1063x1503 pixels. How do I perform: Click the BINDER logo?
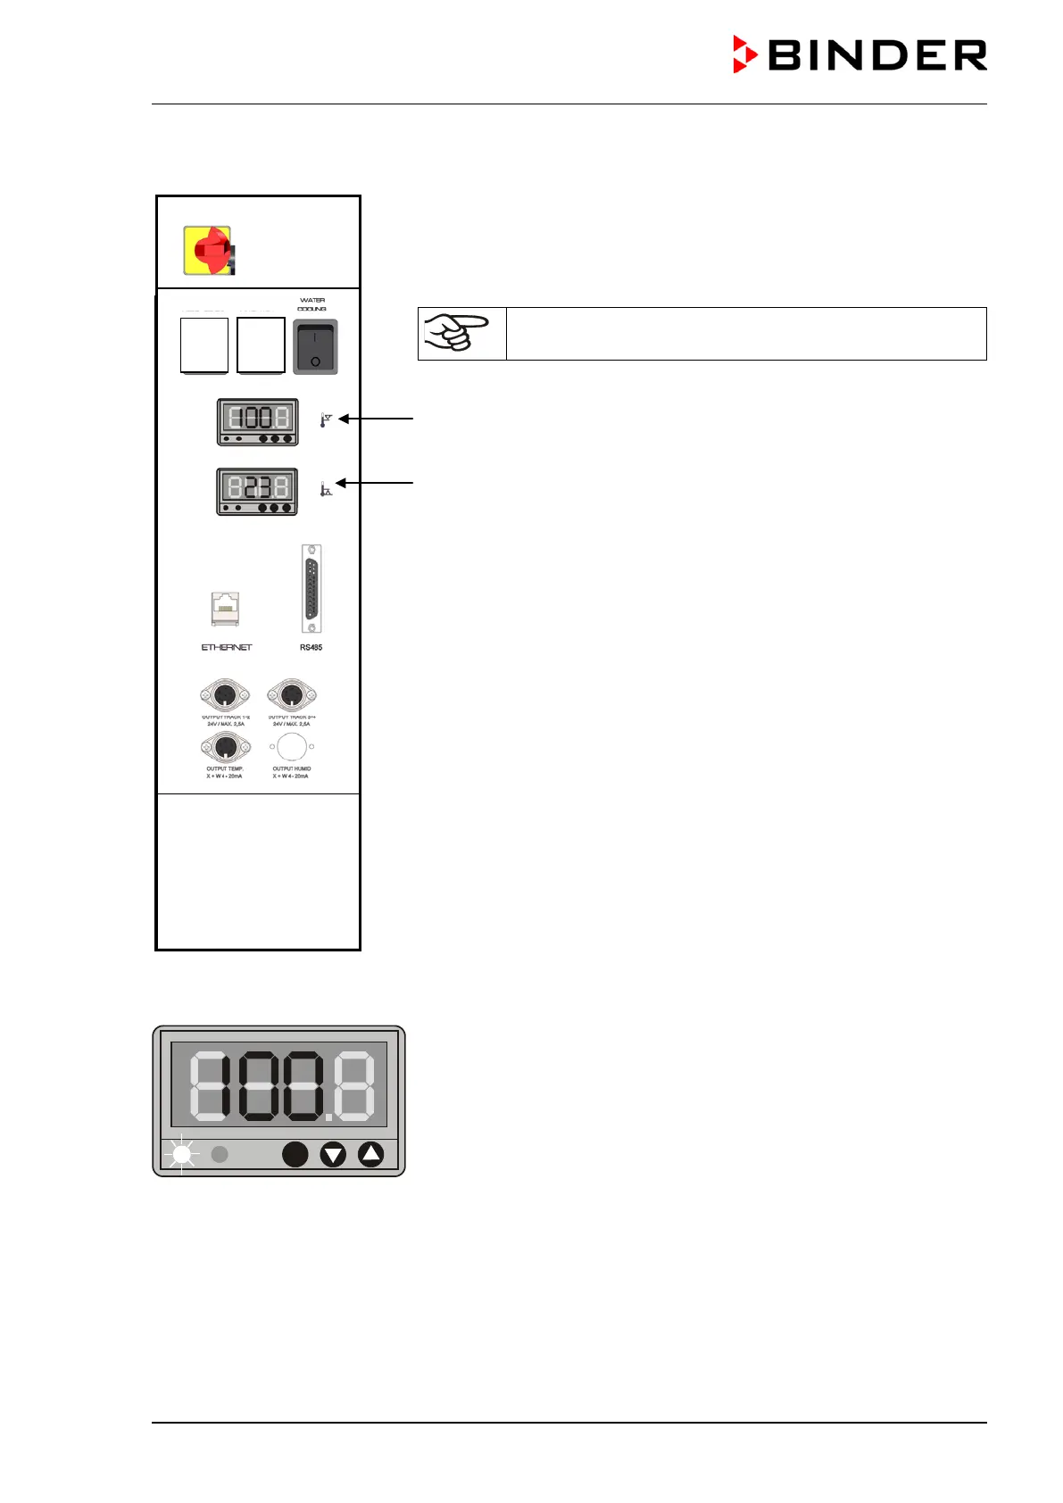point(860,55)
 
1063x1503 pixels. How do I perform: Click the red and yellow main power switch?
point(208,251)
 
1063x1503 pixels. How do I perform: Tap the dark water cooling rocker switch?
point(315,347)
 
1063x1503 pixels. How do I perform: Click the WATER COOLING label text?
point(312,304)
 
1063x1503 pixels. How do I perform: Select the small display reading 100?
point(258,421)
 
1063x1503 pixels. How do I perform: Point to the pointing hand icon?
point(461,334)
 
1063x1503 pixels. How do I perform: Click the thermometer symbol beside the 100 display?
point(326,419)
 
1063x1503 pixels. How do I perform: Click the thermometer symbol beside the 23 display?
point(326,489)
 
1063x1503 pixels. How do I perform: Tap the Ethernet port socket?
point(225,610)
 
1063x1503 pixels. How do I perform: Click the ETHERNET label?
point(227,647)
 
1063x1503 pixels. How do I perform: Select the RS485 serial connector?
point(311,588)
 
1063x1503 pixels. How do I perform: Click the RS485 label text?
point(311,647)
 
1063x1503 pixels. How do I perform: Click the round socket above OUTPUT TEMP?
point(225,746)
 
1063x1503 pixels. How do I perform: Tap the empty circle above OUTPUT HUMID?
point(292,746)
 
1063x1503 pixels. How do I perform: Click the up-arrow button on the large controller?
point(370,1154)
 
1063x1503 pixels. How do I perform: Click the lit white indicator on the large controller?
point(182,1154)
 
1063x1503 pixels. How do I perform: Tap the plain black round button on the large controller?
point(295,1154)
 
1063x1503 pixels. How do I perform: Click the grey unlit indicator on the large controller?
point(220,1154)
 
